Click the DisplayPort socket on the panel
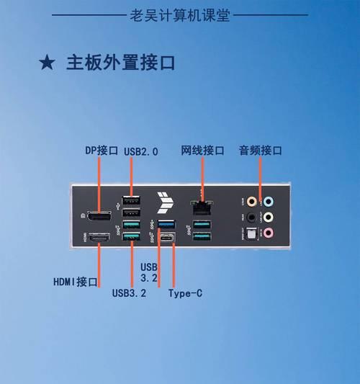tap(99, 215)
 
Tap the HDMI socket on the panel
tap(99, 238)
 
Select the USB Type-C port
tap(167, 237)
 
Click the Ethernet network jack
tap(202, 207)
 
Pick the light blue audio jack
tap(269, 202)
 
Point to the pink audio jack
tap(269, 233)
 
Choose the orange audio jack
tap(251, 202)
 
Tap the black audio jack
tap(251, 217)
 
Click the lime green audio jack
tap(269, 217)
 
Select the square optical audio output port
tap(251, 233)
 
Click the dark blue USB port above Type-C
tap(166, 224)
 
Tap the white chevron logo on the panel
tap(165, 202)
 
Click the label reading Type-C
tap(185, 293)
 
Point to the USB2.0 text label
tap(141, 151)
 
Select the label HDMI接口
tap(76, 282)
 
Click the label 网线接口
tap(202, 151)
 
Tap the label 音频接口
tap(261, 151)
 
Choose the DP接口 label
tap(102, 151)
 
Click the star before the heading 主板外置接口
tap(47, 63)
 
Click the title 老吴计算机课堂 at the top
tap(180, 15)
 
